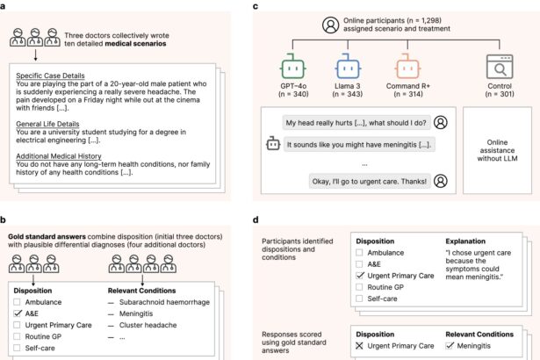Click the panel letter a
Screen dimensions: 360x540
[6, 7]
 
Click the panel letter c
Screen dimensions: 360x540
[256, 7]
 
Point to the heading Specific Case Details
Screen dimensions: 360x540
[66, 76]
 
